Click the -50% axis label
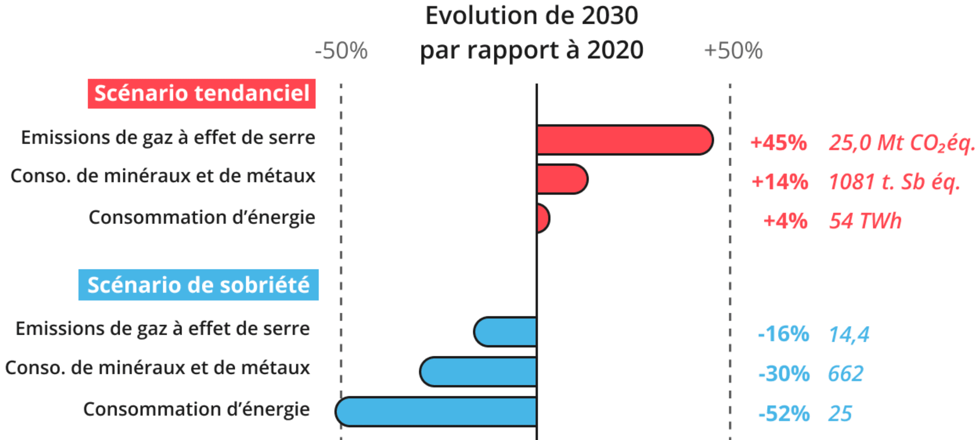point(341,51)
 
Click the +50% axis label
point(733,51)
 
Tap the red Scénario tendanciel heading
point(202,94)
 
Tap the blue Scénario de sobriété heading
point(199,285)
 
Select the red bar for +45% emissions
point(624,140)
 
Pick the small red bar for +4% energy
point(543,219)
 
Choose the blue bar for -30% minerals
point(479,372)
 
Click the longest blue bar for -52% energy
point(436,411)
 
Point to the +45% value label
point(778,143)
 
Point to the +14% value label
point(780,182)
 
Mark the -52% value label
point(784,413)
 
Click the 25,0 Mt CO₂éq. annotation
point(901,143)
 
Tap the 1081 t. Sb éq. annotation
point(894,182)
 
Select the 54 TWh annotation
point(865,221)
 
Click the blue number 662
point(846,374)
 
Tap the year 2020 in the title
point(615,50)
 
